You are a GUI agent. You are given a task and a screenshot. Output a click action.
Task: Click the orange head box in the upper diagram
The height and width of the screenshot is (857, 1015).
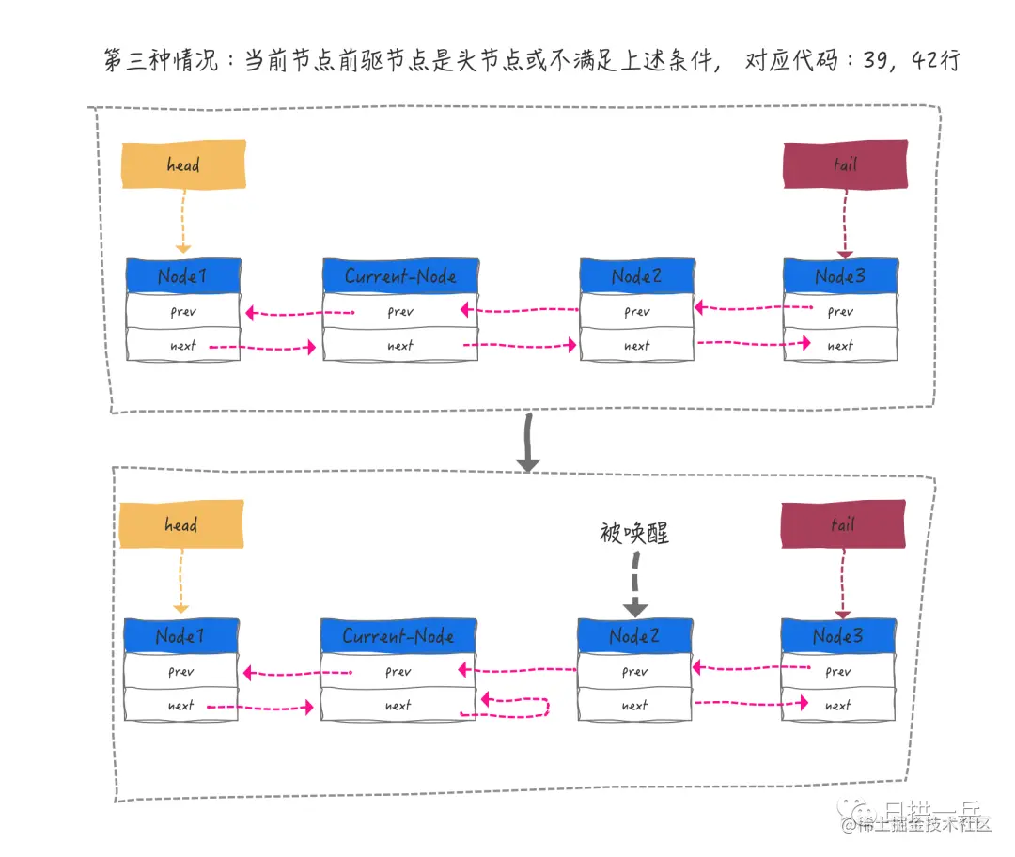coord(183,164)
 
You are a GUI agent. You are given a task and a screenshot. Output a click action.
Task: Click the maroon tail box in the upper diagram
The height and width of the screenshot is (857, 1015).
coord(845,164)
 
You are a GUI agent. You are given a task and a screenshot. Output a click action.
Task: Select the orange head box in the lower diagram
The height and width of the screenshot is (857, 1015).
coord(180,524)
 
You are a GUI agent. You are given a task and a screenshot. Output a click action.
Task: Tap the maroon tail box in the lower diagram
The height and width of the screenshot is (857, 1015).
coord(842,524)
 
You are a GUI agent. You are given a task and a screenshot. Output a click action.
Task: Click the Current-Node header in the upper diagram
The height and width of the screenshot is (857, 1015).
coord(400,275)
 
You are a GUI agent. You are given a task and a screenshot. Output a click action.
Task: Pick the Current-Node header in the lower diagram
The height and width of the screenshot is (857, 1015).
coord(398,636)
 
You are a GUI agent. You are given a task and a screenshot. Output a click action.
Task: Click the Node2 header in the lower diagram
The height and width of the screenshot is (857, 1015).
coord(634,636)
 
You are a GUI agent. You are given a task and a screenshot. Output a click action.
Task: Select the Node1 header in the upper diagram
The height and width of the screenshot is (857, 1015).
coord(183,275)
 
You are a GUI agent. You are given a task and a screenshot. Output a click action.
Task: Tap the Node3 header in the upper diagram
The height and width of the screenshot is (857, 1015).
coord(840,275)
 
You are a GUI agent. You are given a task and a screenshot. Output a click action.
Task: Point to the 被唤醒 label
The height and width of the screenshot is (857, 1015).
coord(633,533)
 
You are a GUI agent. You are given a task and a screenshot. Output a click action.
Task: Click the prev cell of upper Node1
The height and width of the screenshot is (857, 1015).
coord(183,312)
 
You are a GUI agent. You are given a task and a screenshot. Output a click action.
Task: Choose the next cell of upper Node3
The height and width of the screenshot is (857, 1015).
coord(840,346)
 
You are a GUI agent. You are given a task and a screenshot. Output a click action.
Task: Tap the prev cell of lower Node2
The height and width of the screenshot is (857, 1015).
coord(634,672)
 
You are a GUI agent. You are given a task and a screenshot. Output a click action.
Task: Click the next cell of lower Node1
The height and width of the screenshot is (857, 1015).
coord(181,706)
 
